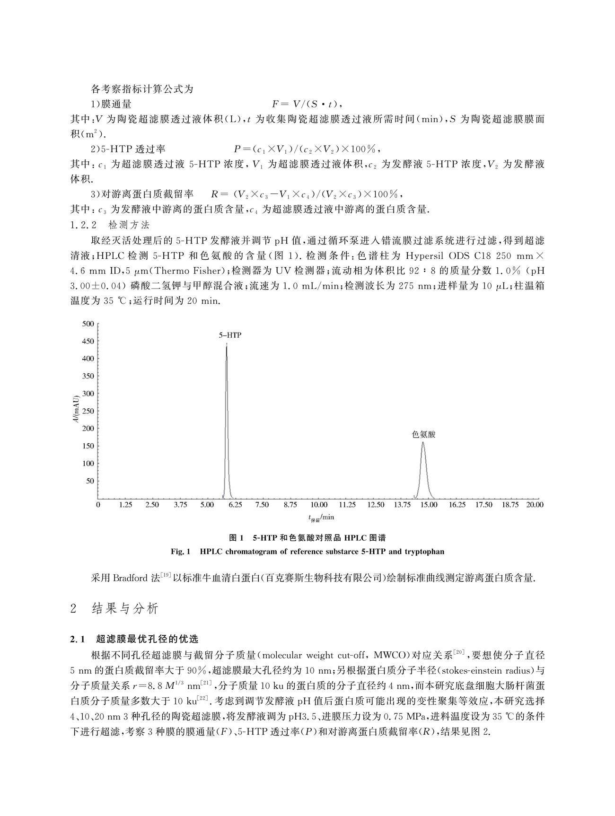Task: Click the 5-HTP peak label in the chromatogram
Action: click(229, 335)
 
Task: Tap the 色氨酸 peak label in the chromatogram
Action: click(423, 434)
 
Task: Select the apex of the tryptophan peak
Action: click(422, 443)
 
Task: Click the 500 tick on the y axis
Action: click(88, 324)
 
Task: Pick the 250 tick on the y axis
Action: click(88, 411)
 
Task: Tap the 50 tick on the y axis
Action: click(90, 481)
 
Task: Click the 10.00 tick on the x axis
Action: click(319, 505)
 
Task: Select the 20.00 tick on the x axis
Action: click(536, 505)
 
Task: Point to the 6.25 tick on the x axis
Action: click(235, 505)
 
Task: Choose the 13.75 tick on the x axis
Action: click(402, 505)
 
